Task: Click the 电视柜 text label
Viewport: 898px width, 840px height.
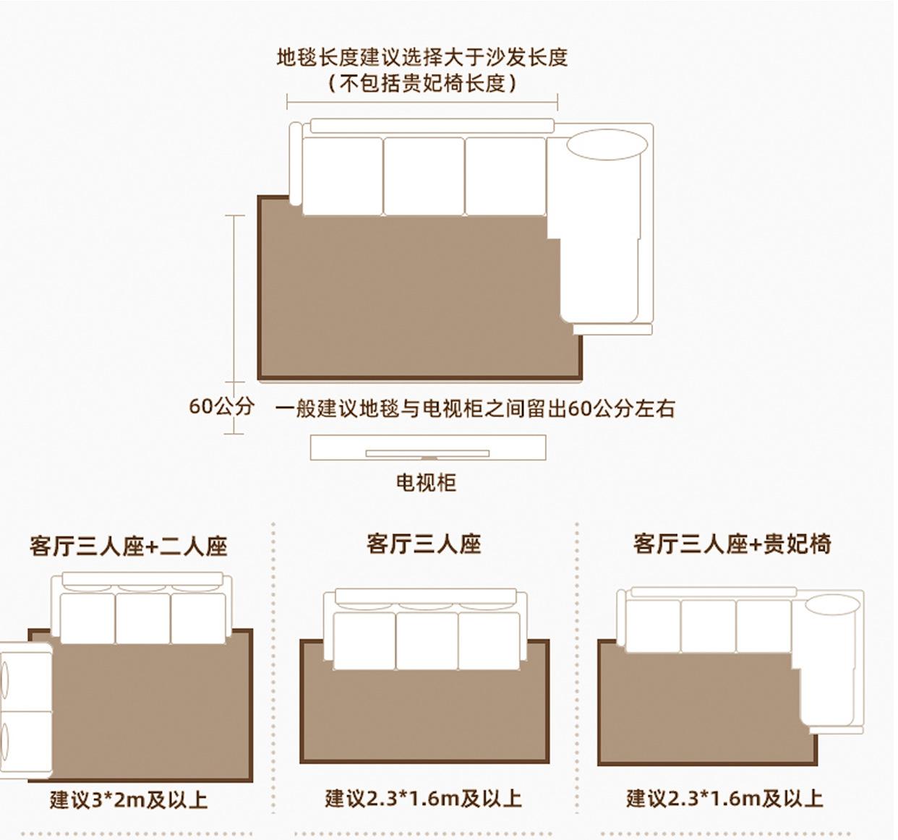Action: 426,482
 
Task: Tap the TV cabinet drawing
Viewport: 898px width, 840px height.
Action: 427,447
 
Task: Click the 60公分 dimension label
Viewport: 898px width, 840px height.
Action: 221,406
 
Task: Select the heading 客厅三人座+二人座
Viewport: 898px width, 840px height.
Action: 129,545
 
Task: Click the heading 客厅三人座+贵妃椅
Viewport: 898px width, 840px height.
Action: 732,543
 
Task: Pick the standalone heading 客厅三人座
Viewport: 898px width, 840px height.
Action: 424,543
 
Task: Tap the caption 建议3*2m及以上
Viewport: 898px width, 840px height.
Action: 129,800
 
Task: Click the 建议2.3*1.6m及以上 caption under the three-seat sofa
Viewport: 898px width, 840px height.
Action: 423,798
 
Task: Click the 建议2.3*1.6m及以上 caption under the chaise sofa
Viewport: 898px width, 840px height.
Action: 724,798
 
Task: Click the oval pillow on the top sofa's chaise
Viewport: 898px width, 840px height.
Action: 607,144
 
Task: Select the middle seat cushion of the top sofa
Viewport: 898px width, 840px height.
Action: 424,176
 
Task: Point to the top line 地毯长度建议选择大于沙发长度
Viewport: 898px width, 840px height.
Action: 422,57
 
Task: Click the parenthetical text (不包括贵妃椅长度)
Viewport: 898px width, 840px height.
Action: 422,83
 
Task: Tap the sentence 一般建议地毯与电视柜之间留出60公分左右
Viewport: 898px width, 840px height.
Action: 474,408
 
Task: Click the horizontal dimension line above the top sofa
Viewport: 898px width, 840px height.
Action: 422,101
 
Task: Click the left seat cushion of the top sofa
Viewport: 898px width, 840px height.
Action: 342,176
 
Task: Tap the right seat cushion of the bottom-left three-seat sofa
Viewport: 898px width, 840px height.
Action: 198,618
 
